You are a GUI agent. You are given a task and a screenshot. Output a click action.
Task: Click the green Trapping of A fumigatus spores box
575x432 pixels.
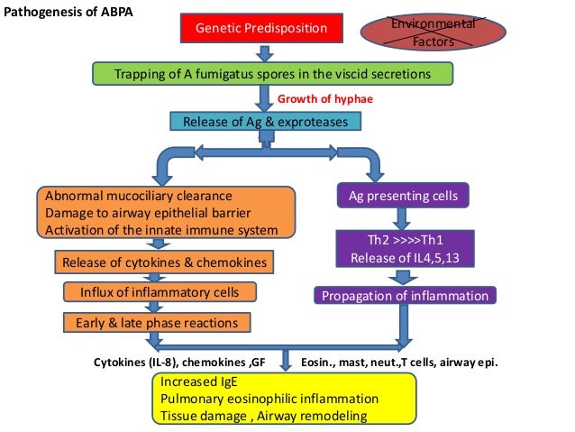pyautogui.click(x=271, y=73)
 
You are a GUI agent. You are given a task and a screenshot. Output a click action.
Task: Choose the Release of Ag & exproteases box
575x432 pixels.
pyautogui.click(x=265, y=122)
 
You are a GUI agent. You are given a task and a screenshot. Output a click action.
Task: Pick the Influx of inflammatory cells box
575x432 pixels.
pyautogui.click(x=160, y=292)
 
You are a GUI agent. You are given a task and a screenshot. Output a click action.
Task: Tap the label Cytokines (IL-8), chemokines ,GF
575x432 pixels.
pyautogui.click(x=183, y=361)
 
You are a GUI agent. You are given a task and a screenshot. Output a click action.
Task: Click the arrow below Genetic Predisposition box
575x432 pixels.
pyautogui.click(x=266, y=53)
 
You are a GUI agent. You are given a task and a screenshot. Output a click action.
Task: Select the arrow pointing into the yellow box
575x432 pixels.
pyautogui.click(x=287, y=361)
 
